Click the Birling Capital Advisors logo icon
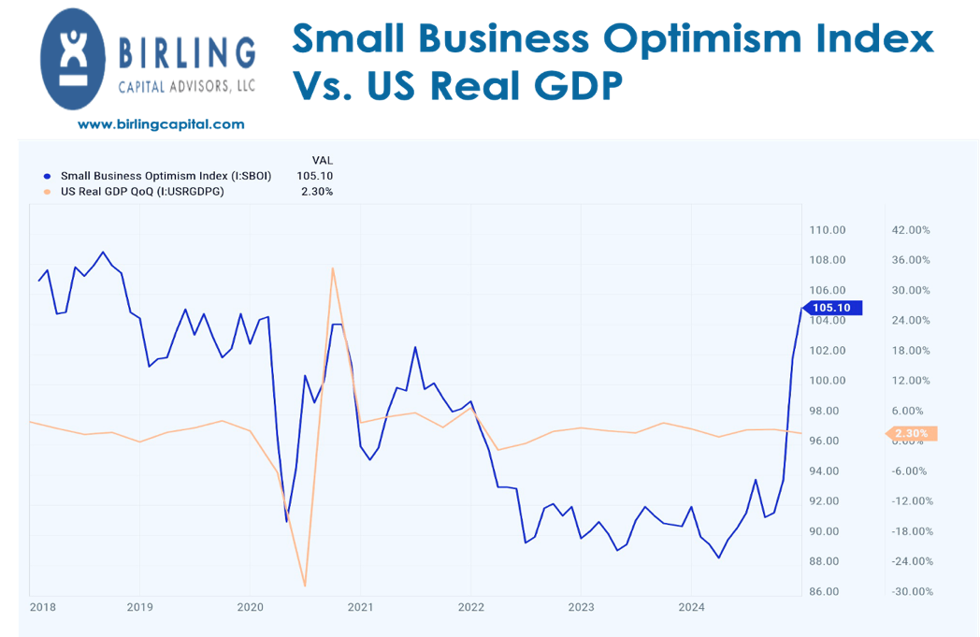point(75,58)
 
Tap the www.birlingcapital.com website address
point(161,124)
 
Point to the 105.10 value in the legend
point(314,175)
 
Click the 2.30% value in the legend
point(317,191)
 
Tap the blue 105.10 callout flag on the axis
point(830,308)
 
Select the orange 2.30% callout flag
point(910,433)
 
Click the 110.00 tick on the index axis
point(827,230)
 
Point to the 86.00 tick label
point(827,592)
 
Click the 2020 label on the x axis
point(250,605)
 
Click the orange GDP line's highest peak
point(332,268)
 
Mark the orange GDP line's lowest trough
point(305,586)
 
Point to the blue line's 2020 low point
point(286,521)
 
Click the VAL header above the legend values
point(322,160)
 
